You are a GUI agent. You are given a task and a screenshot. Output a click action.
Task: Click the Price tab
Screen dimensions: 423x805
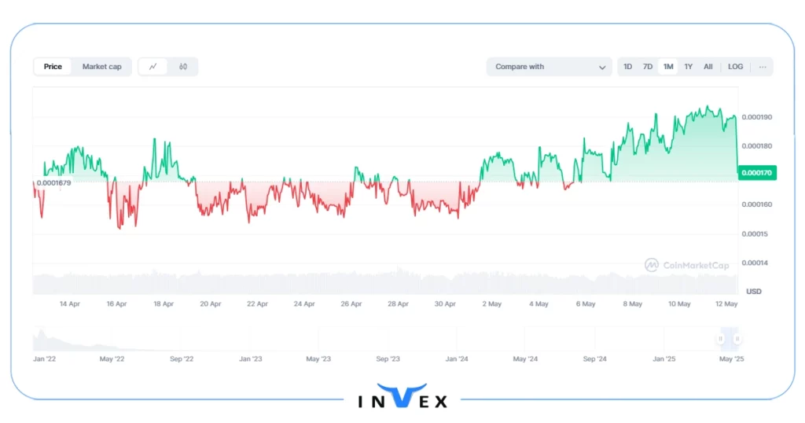(53, 67)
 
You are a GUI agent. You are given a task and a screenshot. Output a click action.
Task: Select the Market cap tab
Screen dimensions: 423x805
(102, 67)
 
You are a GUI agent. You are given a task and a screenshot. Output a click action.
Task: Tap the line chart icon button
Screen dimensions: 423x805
(153, 67)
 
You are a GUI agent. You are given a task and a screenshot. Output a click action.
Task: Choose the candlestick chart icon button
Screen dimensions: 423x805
(183, 67)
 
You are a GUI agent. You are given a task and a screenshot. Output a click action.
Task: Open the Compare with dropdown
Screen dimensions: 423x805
(549, 67)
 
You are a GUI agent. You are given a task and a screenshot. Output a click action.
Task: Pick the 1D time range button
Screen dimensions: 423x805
(627, 67)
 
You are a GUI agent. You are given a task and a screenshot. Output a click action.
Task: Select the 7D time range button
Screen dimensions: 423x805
(648, 67)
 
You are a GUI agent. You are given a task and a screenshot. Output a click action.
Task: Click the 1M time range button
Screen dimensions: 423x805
(668, 67)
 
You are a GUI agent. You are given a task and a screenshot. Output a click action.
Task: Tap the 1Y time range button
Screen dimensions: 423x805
(688, 67)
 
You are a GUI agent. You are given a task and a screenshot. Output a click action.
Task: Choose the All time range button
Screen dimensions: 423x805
(708, 67)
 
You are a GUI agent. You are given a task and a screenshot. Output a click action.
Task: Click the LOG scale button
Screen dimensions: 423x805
(736, 67)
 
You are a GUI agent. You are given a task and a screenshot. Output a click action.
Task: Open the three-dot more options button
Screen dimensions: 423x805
(763, 67)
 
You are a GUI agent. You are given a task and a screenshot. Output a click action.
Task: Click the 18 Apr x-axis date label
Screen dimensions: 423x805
(164, 303)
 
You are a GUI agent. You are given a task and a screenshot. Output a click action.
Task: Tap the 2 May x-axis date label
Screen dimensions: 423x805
(491, 303)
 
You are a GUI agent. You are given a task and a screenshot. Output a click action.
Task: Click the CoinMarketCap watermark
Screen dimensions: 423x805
(687, 266)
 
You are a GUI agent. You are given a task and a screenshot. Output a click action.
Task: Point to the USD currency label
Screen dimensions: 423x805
(753, 292)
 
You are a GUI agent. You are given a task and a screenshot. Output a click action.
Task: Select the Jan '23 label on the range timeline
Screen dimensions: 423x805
(251, 359)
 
